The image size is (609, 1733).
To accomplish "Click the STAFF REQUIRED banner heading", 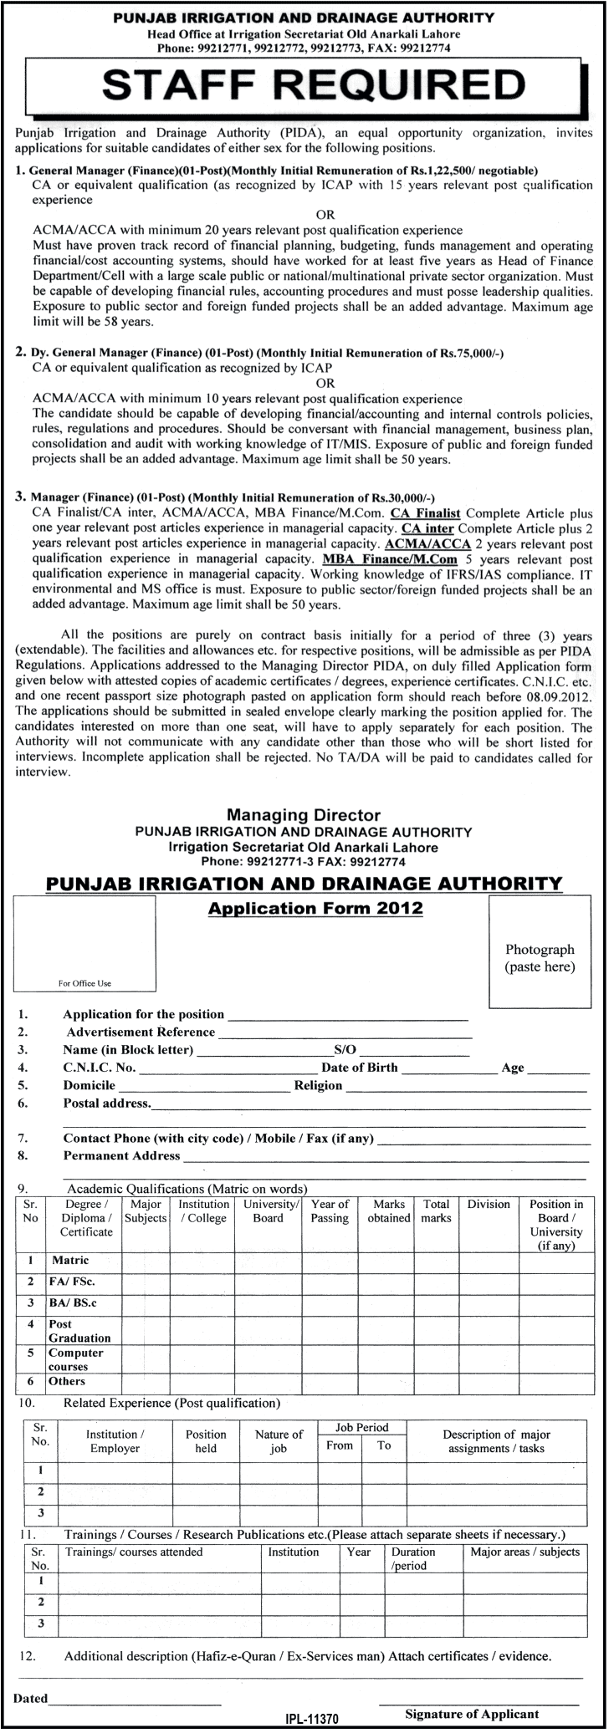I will click(x=304, y=85).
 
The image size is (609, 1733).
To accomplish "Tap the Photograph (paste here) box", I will click(x=540, y=958).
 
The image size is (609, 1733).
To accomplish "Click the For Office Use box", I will click(x=84, y=943).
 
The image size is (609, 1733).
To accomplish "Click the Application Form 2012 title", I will click(x=315, y=909).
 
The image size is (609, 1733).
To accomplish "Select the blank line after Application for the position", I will click(x=347, y=1015).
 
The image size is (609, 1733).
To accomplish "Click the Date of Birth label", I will click(x=360, y=1068).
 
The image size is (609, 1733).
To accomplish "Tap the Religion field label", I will click(x=318, y=1085).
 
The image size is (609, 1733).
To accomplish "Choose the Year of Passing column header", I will click(x=330, y=1211).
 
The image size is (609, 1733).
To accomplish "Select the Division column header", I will click(x=489, y=1205).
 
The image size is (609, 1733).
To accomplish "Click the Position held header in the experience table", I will click(x=206, y=1441).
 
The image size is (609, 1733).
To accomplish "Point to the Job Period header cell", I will click(x=361, y=1428).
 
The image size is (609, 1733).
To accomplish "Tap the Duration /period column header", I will click(x=413, y=1558).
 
